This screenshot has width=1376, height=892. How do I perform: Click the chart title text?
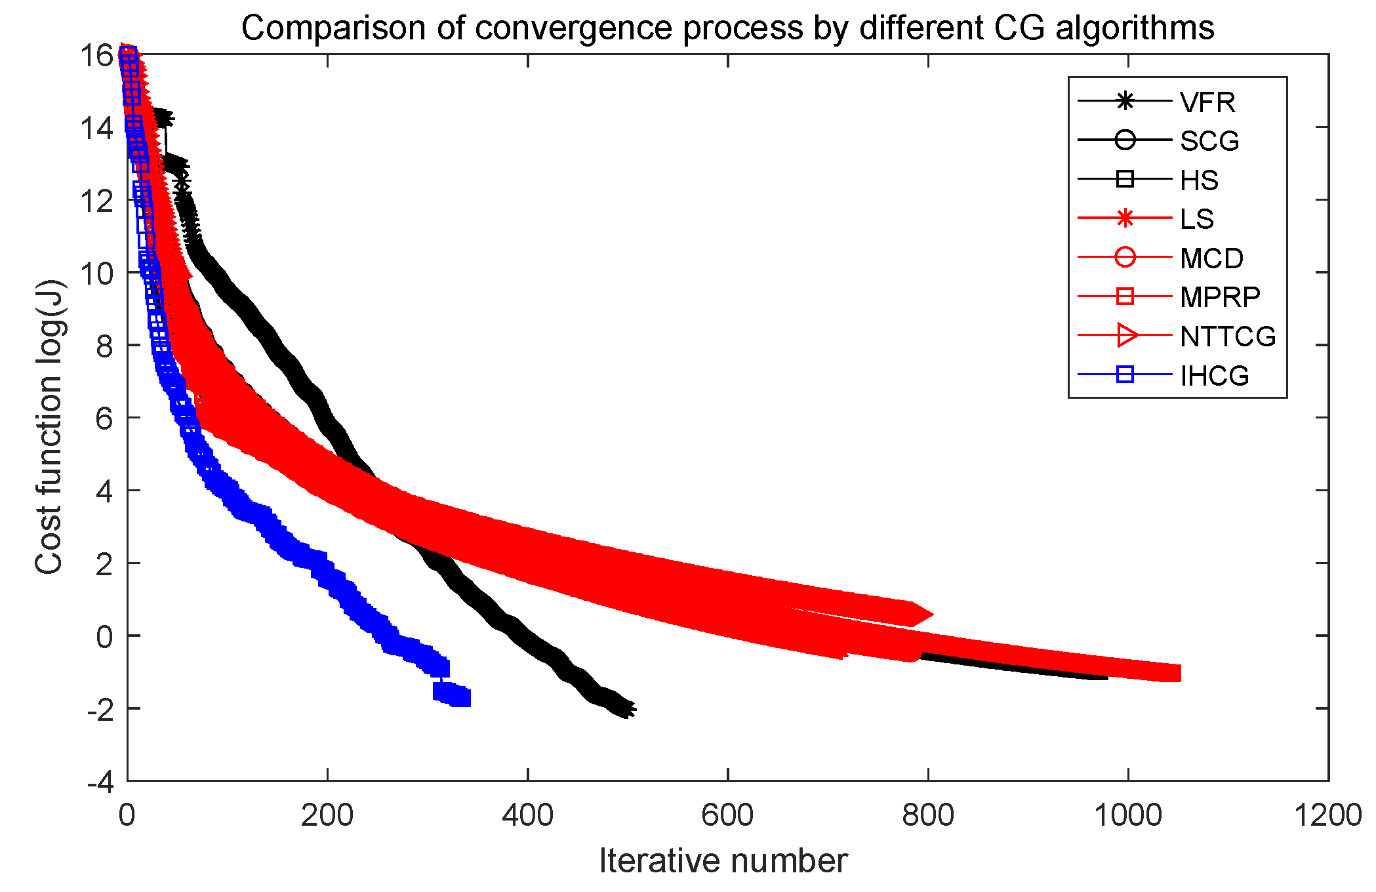pos(727,28)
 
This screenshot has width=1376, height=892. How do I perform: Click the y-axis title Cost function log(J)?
pos(49,427)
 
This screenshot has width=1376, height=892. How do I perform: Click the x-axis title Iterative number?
pos(723,861)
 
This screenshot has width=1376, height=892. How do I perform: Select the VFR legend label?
pos(1207,102)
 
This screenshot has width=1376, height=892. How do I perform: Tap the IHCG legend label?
pos(1214,376)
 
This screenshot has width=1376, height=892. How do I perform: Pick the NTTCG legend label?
pos(1227,336)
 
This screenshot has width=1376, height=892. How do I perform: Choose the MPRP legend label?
pos(1219,297)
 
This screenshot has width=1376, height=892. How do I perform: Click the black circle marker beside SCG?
pos(1125,140)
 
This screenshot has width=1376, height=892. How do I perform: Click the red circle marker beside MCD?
pos(1125,258)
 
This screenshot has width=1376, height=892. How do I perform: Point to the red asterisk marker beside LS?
pos(1125,218)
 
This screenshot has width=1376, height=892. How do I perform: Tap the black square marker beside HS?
pos(1125,179)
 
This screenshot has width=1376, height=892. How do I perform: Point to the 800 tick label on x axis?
pos(927,815)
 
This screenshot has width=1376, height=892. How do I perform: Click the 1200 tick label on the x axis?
pos(1327,815)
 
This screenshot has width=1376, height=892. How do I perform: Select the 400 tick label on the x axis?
pos(527,815)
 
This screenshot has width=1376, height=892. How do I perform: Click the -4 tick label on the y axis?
pos(100,781)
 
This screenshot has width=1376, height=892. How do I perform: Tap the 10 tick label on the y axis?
pos(96,272)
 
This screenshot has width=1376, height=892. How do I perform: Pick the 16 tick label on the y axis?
pos(96,56)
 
